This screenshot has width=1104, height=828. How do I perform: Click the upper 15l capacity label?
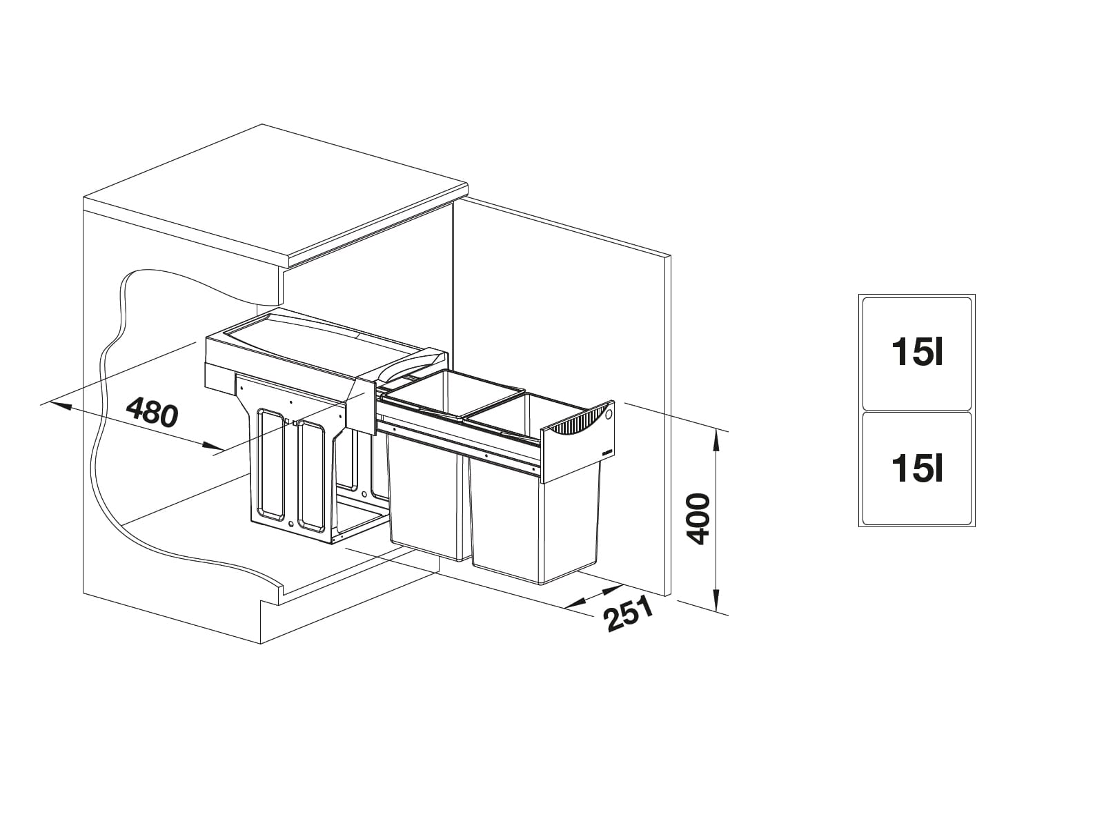pos(916,353)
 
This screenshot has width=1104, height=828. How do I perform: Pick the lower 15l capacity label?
pos(916,469)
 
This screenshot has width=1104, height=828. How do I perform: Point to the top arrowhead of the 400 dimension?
pos(718,437)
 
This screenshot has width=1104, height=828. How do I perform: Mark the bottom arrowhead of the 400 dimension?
pos(718,602)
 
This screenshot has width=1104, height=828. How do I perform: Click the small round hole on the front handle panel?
pos(608,415)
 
